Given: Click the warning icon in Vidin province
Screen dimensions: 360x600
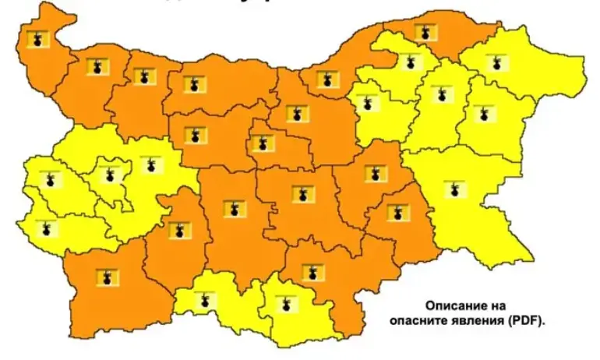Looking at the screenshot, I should coord(37,39).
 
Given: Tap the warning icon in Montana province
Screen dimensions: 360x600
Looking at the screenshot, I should coord(97,68).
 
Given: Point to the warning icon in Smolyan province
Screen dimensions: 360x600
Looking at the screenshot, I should coord(205,299).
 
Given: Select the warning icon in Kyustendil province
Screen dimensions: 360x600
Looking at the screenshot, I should coord(47,228).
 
